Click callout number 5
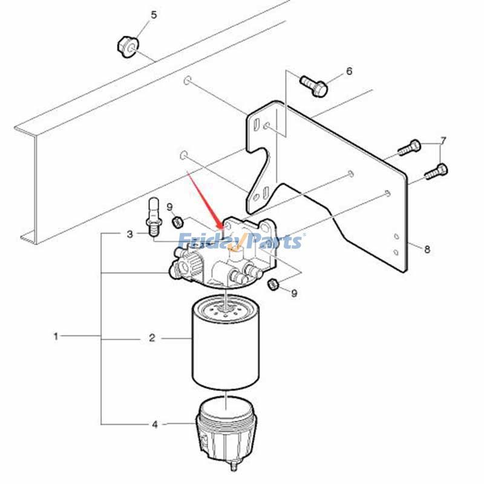154,15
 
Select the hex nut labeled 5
128,47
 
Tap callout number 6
349,71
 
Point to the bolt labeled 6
313,85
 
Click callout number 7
443,141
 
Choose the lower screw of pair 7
436,172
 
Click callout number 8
427,249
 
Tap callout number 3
130,234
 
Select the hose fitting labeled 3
154,217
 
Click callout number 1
56,336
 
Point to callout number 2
152,338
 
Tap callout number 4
155,425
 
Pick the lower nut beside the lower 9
273,284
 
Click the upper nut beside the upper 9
177,222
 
